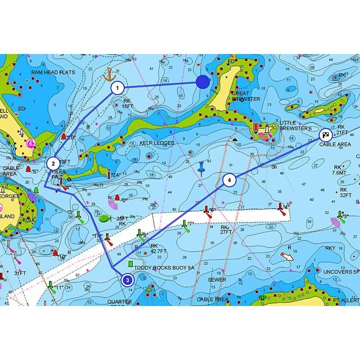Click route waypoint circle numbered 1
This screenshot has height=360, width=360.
pos(117,88)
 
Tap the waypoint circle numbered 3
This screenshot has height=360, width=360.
pos(128,280)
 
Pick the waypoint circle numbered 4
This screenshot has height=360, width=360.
pos(229,180)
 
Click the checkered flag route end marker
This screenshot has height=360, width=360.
pos(325,135)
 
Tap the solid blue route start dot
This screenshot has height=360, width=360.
pos(203,82)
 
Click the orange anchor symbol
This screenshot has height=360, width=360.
pos(109,74)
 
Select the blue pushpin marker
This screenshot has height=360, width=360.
pos(202,167)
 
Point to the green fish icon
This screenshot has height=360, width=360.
pos(104,218)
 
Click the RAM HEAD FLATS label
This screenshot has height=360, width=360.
pos(53,72)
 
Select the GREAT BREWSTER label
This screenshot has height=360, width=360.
pos(246,96)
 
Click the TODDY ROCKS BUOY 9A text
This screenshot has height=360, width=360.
pos(164,268)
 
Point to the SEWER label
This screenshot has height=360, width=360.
pos(217,279)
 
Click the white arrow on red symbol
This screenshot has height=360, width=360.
pos(287,256)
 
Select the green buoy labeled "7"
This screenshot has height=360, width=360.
pos(184,224)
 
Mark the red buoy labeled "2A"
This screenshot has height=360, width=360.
pos(109,173)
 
